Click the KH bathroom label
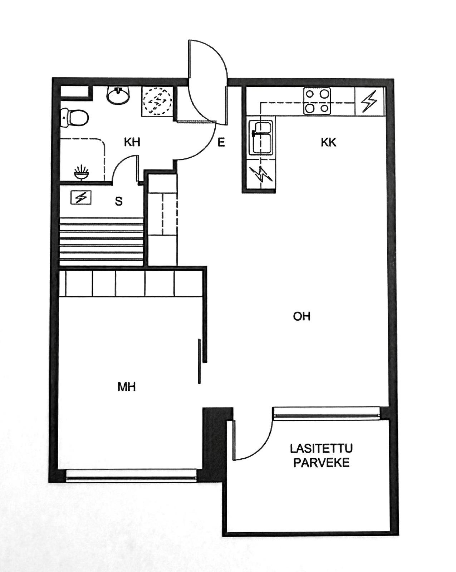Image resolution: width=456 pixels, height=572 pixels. coord(132,143)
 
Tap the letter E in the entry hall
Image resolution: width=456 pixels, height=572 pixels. coord(221,143)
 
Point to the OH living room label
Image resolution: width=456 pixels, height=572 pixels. coord(301,316)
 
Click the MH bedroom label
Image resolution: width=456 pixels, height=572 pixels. coord(127,387)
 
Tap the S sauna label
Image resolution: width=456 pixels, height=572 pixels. coord(119,202)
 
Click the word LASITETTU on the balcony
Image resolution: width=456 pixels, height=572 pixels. coord(321,448)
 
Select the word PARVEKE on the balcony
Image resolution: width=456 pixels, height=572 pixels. coord(321,463)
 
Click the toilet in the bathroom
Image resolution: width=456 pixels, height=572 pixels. coord(74,118)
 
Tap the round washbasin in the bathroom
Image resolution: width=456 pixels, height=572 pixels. coord(118,95)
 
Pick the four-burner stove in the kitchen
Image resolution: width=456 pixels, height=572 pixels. coord(317,101)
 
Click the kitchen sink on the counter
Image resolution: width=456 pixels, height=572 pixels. coord(261,137)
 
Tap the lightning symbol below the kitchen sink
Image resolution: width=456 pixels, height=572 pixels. coord(262,174)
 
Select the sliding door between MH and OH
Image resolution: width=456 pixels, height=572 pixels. coord(199,361)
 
